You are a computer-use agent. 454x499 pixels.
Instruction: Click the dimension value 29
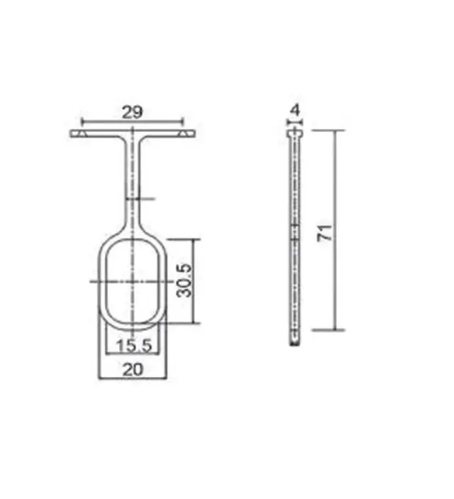pyautogui.click(x=133, y=112)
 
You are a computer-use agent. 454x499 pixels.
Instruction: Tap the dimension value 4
pyautogui.click(x=296, y=110)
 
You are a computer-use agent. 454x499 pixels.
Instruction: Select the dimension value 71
pyautogui.click(x=325, y=233)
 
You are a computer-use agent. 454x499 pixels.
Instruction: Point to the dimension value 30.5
pyautogui.click(x=184, y=280)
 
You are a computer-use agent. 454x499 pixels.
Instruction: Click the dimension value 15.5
pyautogui.click(x=134, y=345)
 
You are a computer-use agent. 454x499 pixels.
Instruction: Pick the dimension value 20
pyautogui.click(x=133, y=370)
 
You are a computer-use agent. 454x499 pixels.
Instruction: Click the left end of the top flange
pyautogui.click(x=71, y=133)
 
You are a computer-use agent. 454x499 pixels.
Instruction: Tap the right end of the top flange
pyautogui.click(x=195, y=133)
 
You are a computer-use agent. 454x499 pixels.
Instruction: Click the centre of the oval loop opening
pyautogui.click(x=133, y=281)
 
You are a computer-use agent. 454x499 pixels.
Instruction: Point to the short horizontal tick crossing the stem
pyautogui.click(x=140, y=199)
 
